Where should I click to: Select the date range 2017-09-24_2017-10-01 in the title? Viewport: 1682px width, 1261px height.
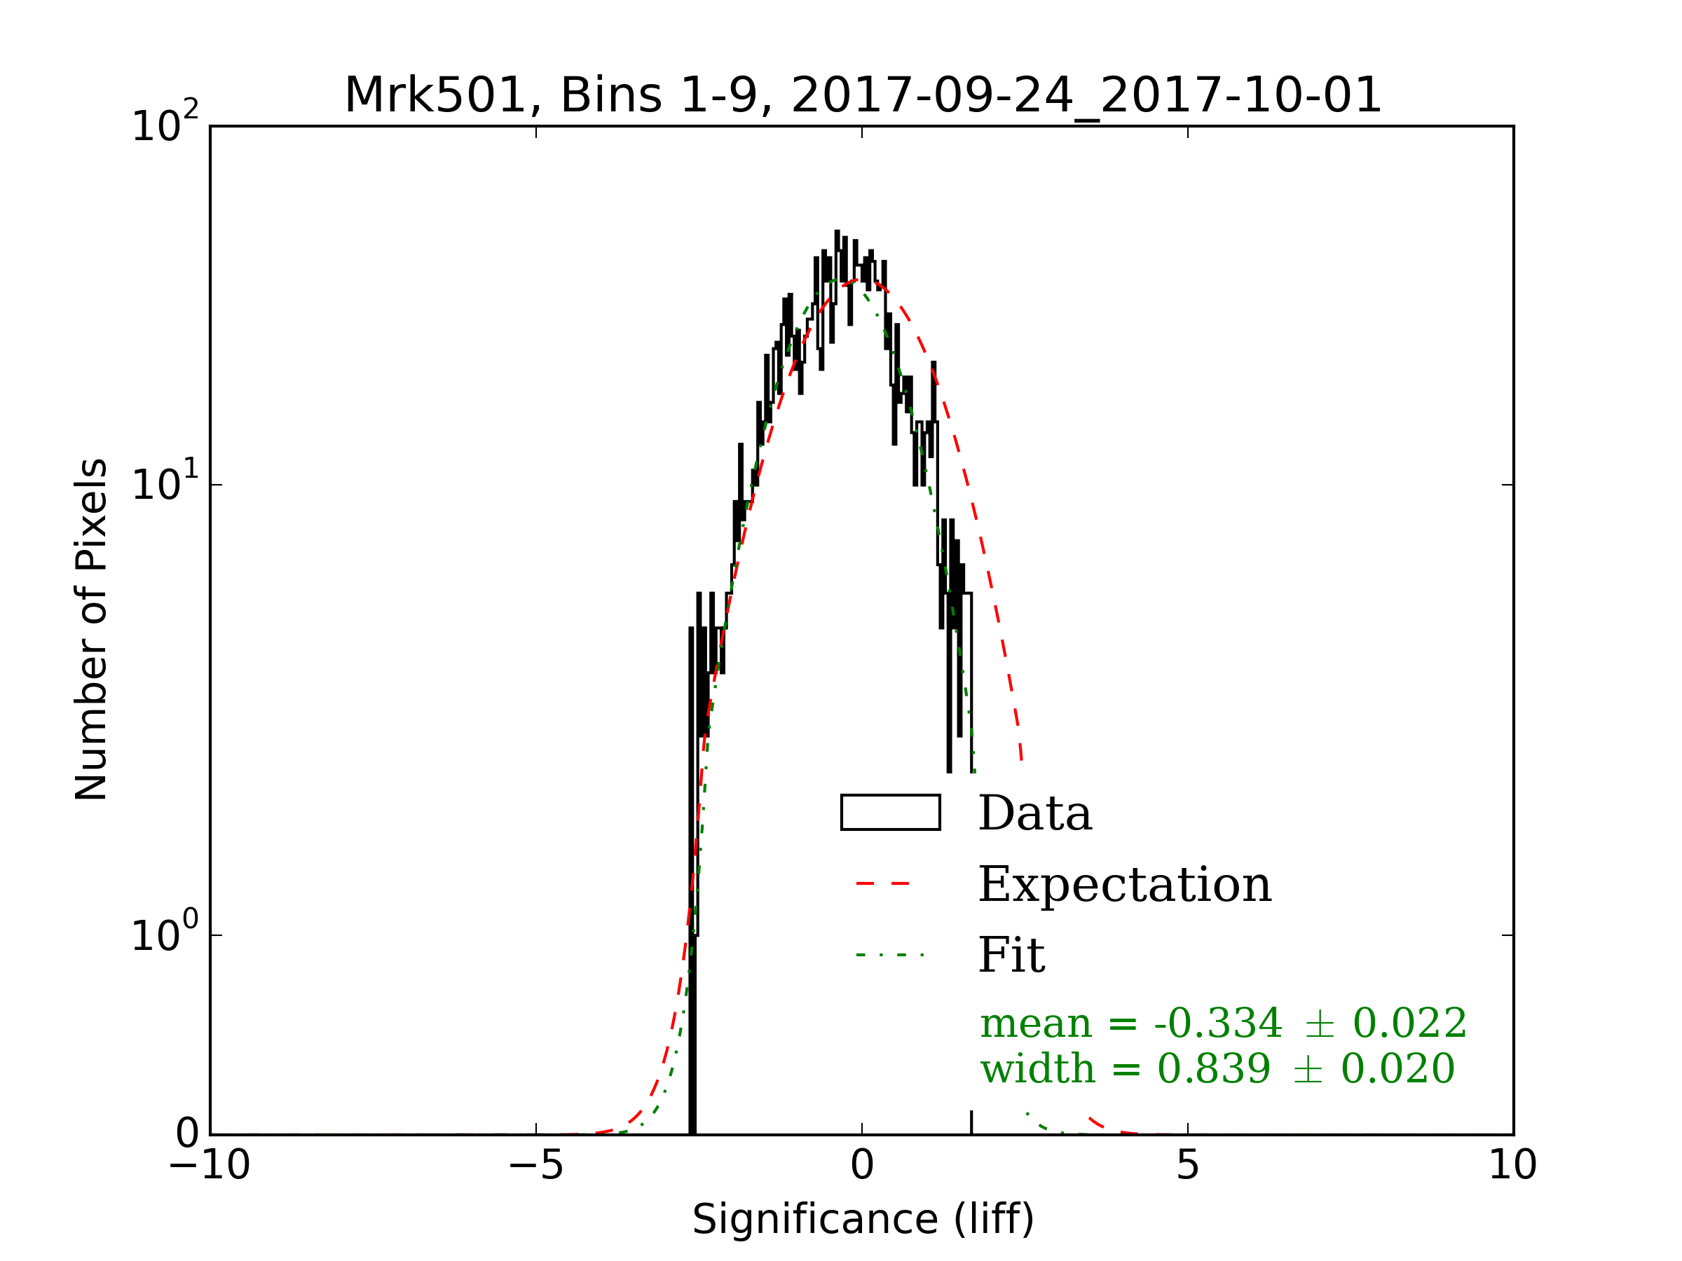tap(1086, 96)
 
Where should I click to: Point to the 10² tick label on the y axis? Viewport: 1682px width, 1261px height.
tap(165, 124)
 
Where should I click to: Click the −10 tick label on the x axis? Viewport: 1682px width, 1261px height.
tap(210, 1165)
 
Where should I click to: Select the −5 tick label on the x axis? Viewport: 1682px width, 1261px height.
tap(535, 1165)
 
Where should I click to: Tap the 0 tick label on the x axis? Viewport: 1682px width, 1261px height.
tap(861, 1165)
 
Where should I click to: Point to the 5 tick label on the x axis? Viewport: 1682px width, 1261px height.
tap(1187, 1165)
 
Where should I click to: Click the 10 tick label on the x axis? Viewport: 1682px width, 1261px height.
tap(1512, 1165)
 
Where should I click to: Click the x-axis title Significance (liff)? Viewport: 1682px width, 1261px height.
tap(863, 1220)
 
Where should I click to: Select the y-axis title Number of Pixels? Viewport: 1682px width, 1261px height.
tap(91, 629)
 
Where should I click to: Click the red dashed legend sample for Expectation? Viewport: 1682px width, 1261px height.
tap(883, 883)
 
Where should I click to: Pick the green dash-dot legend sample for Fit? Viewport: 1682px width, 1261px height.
tap(889, 954)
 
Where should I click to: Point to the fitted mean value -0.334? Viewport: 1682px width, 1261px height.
tap(1217, 1023)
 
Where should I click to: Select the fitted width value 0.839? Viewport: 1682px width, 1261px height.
tap(1214, 1068)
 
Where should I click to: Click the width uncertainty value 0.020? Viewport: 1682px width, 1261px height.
tap(1397, 1068)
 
